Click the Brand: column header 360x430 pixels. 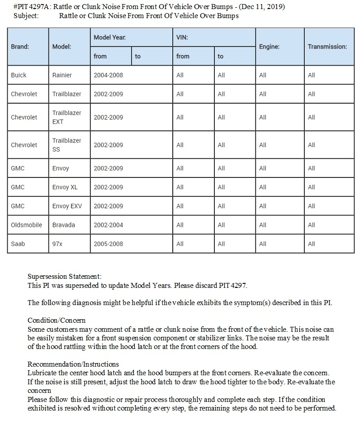[20, 47]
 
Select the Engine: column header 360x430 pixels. [269, 47]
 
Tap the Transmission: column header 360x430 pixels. [327, 47]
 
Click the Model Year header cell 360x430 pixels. [110, 37]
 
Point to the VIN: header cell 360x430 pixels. [182, 37]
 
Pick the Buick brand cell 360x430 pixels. [19, 75]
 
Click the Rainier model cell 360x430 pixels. [62, 75]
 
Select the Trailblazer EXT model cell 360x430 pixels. [67, 117]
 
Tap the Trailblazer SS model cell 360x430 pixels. [67, 145]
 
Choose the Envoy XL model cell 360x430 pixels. [65, 187]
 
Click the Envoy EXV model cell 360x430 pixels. [67, 206]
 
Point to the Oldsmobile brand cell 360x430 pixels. [26, 225]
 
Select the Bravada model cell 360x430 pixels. [64, 225]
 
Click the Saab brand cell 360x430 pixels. [18, 244]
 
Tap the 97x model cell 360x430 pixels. [57, 244]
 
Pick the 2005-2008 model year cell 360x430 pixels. [109, 244]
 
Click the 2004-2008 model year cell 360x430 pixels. [109, 75]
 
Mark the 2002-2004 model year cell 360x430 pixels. [109, 225]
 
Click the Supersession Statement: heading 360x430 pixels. [65, 276]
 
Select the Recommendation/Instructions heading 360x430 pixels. [73, 364]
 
